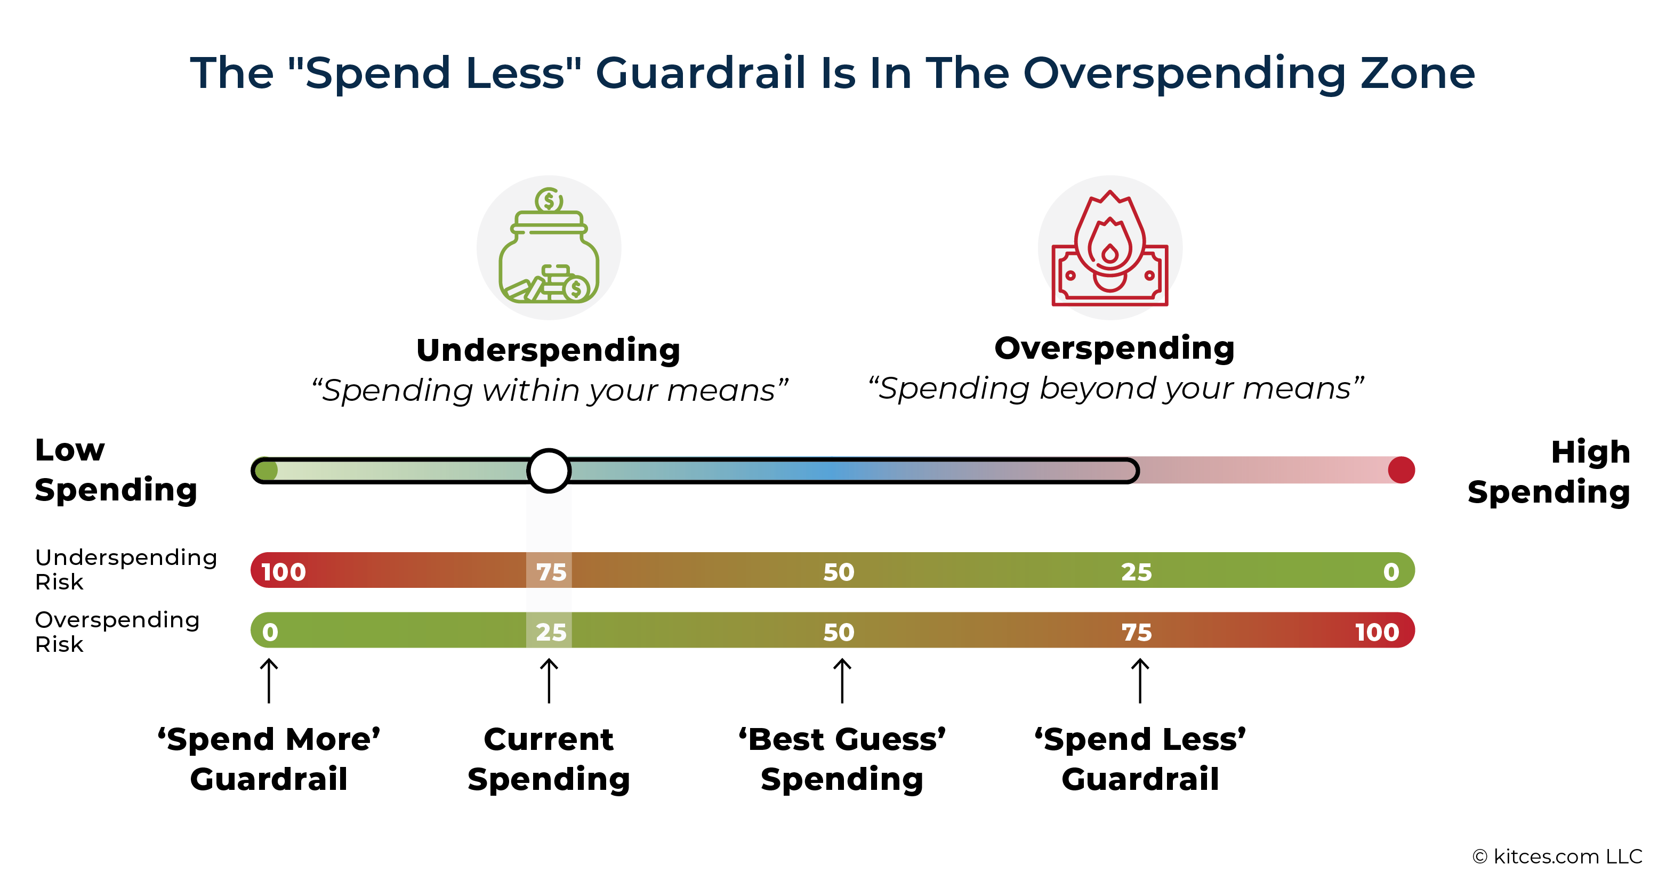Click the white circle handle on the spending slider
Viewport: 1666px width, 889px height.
[x=549, y=471]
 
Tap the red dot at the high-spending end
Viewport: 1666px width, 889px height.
[x=1401, y=470]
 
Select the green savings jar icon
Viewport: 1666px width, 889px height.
[x=549, y=246]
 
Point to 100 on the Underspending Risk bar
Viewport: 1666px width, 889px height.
[x=283, y=572]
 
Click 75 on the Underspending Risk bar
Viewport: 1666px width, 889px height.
[x=551, y=572]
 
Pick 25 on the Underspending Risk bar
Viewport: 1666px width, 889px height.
[x=1136, y=572]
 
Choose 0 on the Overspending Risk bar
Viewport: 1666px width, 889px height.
[x=270, y=632]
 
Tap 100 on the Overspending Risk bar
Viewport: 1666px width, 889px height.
[x=1377, y=632]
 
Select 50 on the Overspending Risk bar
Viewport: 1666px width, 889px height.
[x=839, y=632]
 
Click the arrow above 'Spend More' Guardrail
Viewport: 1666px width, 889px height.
[x=269, y=681]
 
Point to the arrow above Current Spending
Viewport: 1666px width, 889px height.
[x=549, y=681]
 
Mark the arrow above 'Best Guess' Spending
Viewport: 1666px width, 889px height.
[x=842, y=681]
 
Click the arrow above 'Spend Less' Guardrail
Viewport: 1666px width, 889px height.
[x=1140, y=681]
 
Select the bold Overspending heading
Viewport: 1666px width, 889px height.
[x=1115, y=349]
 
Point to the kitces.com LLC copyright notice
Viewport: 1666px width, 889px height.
[x=1557, y=856]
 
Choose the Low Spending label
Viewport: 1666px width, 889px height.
[x=116, y=470]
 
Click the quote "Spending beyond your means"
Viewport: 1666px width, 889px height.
[x=1116, y=389]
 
